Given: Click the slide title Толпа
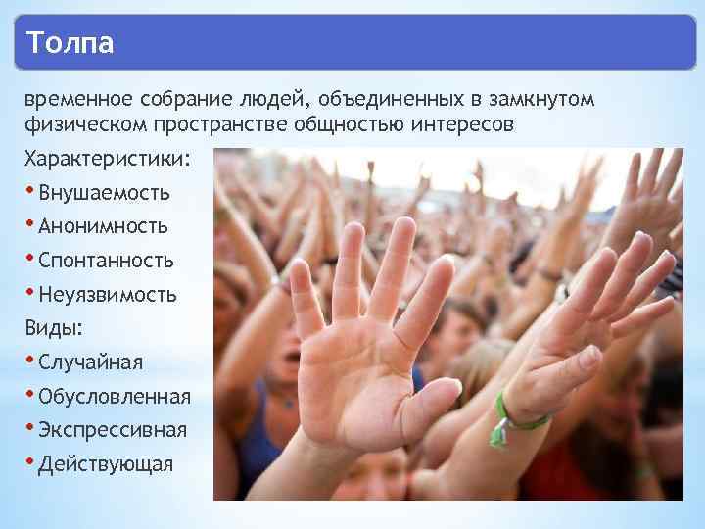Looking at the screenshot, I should [x=70, y=44].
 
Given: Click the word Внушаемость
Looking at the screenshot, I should [x=104, y=193].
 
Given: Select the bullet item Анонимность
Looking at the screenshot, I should [x=103, y=226].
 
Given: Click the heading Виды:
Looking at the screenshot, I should [x=53, y=328].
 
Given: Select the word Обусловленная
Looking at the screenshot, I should [x=115, y=397].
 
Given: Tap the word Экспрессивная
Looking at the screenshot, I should [x=113, y=430].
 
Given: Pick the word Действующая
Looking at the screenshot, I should [x=106, y=464].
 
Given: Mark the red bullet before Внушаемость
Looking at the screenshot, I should [x=30, y=189].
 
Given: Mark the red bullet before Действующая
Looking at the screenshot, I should [x=30, y=460].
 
